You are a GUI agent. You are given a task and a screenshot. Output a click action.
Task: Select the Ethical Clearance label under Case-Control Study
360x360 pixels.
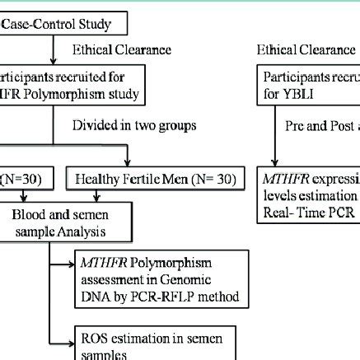pyautogui.click(x=123, y=49)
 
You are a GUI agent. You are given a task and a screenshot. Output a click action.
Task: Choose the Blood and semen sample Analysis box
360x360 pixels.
pyautogui.click(x=58, y=217)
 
